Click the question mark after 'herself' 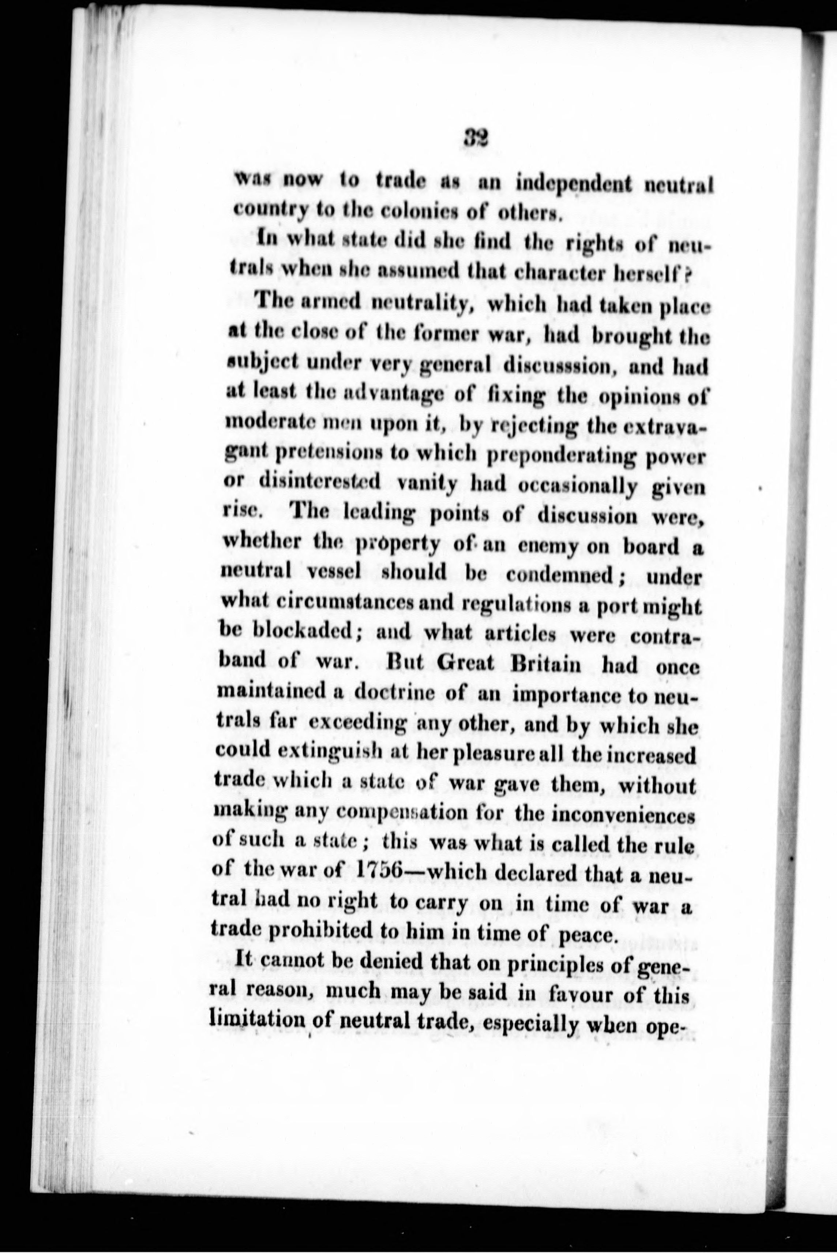tap(688, 277)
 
